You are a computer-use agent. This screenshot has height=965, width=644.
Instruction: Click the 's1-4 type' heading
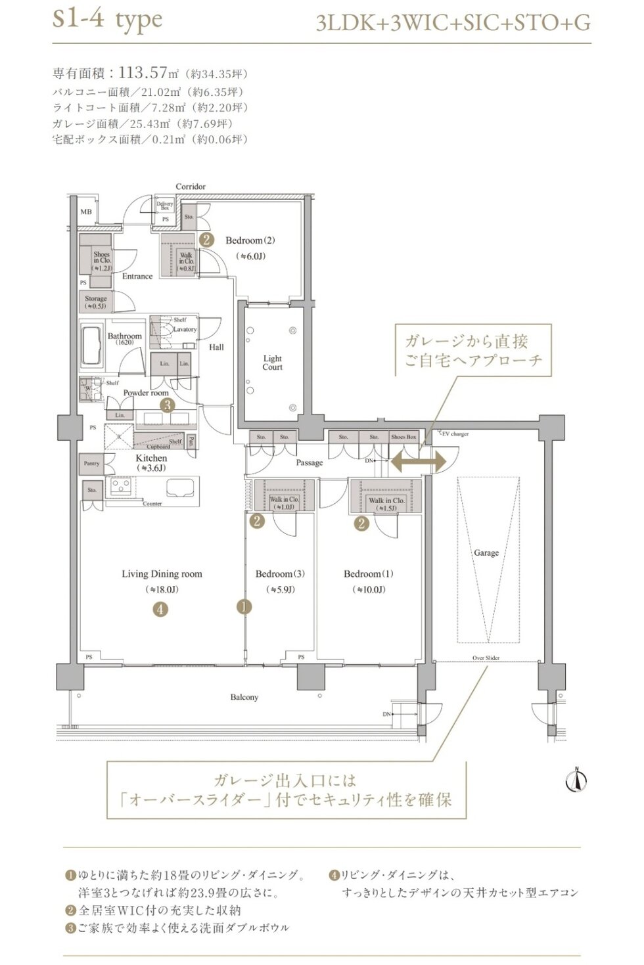[107, 20]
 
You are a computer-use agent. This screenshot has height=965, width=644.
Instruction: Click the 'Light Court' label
[272, 363]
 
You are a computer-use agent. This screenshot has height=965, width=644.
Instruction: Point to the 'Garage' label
[486, 553]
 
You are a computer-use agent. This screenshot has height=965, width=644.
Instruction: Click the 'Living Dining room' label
[162, 574]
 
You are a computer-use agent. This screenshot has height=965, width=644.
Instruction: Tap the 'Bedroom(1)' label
[369, 574]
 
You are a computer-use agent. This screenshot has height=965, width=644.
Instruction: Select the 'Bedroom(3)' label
[280, 574]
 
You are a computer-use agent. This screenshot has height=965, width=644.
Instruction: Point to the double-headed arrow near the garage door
[419, 460]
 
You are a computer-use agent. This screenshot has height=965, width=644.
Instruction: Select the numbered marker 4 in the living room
[160, 609]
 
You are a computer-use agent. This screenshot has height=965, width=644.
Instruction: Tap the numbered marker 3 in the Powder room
[168, 405]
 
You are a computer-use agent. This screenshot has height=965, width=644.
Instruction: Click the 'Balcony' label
[244, 697]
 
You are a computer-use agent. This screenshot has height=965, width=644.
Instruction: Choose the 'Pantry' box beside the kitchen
[91, 464]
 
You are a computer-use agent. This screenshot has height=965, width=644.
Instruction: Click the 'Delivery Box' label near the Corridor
[164, 206]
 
